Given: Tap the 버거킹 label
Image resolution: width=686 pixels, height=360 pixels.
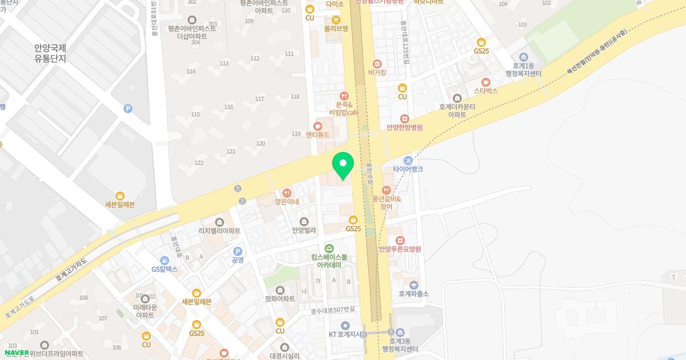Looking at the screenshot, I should [377, 73].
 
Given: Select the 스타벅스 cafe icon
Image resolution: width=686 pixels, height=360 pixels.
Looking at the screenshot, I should [485, 82].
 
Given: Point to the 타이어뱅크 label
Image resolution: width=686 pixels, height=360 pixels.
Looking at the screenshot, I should [408, 169].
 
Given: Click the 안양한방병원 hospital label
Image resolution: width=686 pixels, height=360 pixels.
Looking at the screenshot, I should [404, 127].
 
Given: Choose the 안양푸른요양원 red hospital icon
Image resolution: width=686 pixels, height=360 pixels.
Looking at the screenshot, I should [400, 240].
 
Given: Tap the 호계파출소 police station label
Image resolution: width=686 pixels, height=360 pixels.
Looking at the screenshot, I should [413, 294].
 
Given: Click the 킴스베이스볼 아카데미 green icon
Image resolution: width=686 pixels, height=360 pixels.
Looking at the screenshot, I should [329, 248].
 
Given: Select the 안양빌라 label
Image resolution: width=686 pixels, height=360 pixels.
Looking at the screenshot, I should [304, 230].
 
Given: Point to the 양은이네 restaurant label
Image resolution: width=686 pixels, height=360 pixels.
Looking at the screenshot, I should [286, 202].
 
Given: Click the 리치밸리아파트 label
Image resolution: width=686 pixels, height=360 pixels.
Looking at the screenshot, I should [219, 230].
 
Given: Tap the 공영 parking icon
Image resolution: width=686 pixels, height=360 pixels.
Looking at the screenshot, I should [238, 251].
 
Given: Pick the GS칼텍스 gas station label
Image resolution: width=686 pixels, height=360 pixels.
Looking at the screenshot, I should [165, 269].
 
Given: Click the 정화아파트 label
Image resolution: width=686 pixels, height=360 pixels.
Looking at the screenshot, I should [280, 298].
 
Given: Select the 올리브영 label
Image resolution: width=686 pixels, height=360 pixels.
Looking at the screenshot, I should [336, 27].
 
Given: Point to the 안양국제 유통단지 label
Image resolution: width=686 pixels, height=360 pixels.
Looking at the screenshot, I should [50, 53].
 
